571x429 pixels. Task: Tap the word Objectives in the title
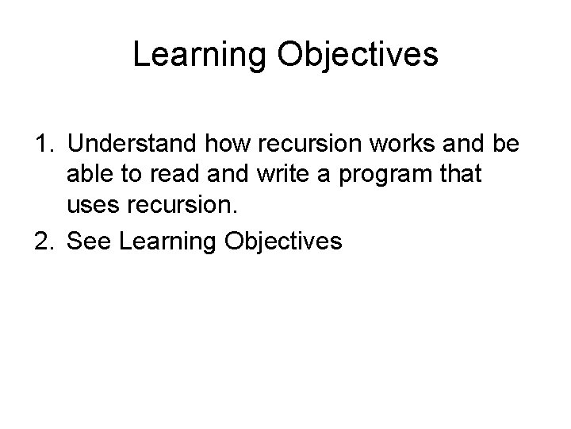pyautogui.click(x=358, y=55)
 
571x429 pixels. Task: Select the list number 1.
pyautogui.click(x=44, y=143)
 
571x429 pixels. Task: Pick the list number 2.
pyautogui.click(x=44, y=241)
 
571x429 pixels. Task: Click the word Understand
pyautogui.click(x=132, y=143)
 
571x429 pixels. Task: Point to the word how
pyautogui.click(x=228, y=143)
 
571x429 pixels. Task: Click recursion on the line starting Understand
pyautogui.click(x=309, y=143)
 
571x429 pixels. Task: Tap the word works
pyautogui.click(x=402, y=143)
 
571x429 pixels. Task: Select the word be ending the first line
pyautogui.click(x=506, y=143)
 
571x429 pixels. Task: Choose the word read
pyautogui.click(x=174, y=173)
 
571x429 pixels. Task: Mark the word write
pyautogui.click(x=283, y=173)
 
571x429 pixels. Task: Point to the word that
pyautogui.click(x=461, y=173)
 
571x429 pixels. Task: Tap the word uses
pyautogui.click(x=94, y=205)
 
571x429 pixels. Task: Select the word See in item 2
pyautogui.click(x=89, y=241)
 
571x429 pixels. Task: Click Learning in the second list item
pyautogui.click(x=167, y=242)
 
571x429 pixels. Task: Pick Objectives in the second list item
pyautogui.click(x=283, y=242)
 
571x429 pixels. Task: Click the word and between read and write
pyautogui.click(x=228, y=173)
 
